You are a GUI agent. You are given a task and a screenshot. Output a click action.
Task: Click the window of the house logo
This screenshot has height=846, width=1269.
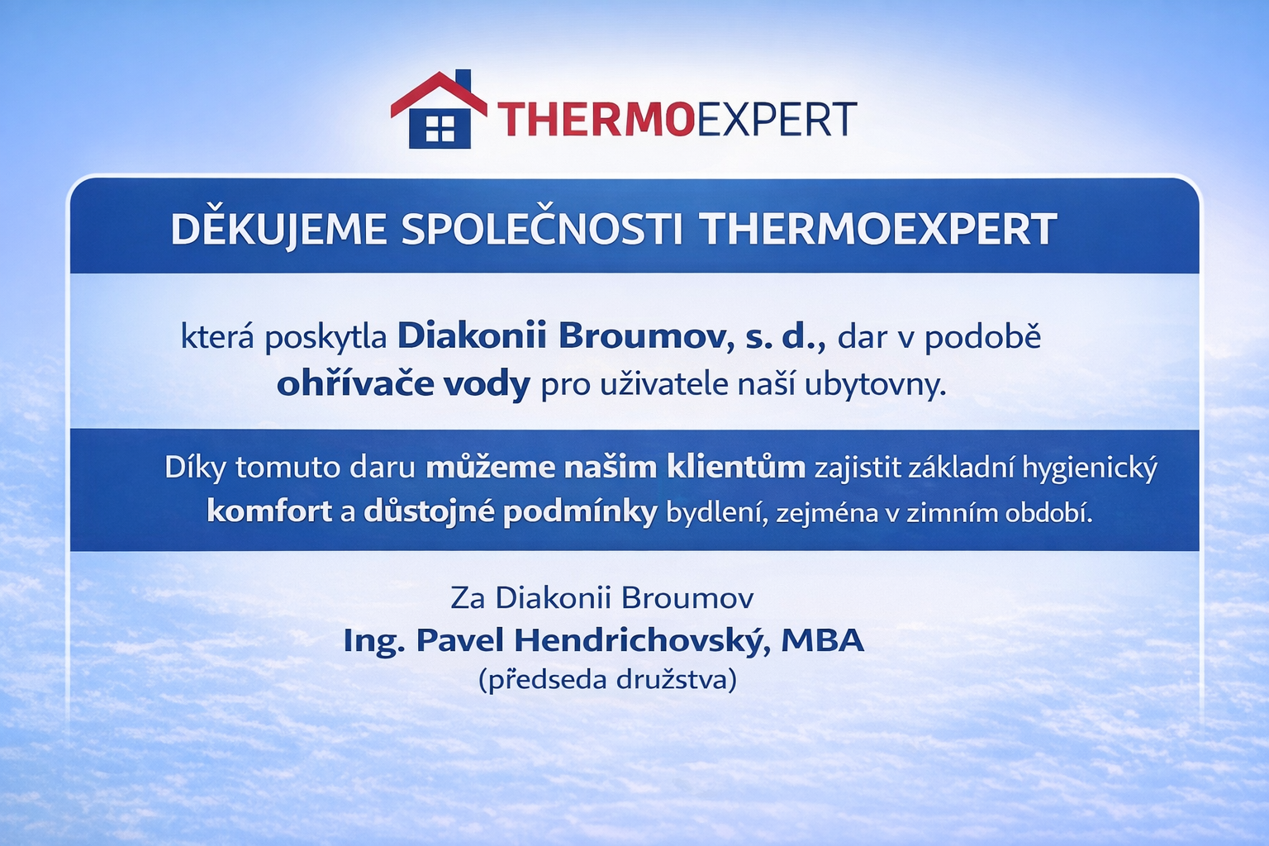pos(440,128)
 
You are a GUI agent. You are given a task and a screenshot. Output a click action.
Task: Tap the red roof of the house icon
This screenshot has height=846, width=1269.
pos(439,94)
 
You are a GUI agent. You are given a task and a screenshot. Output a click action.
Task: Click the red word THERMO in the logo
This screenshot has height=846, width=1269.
pos(596,120)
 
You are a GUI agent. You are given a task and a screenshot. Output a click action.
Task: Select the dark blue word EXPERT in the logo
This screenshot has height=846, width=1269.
pos(775,120)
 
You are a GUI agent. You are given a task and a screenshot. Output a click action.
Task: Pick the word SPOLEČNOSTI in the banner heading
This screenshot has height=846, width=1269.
pos(542,229)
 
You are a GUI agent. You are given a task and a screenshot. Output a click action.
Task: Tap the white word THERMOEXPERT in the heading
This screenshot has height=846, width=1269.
pos(878,229)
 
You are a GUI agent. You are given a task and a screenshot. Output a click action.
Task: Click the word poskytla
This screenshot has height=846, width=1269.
pos(326,338)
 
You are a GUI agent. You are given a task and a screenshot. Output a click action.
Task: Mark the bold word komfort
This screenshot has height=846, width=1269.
pos(269,511)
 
